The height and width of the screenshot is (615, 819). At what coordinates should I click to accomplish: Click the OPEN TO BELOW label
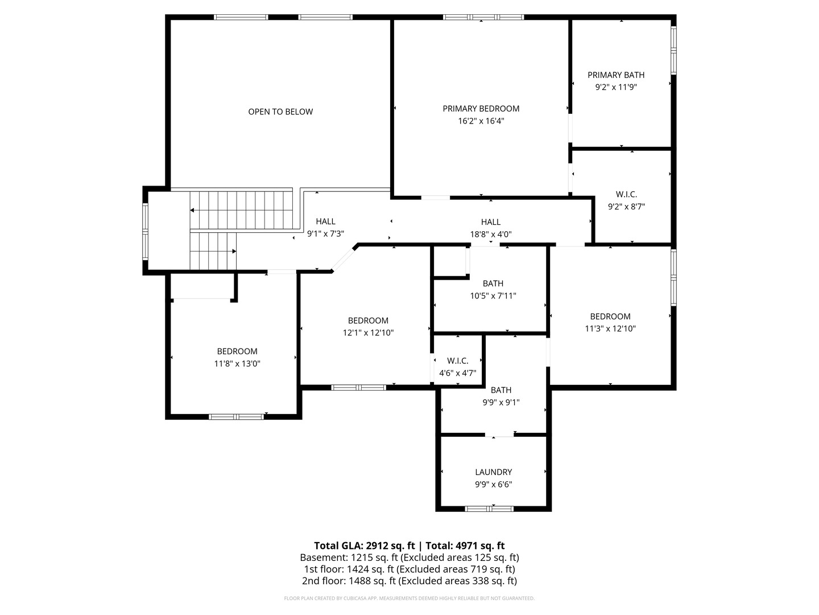[280, 112]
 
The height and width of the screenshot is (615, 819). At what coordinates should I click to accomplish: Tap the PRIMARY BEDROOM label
[481, 108]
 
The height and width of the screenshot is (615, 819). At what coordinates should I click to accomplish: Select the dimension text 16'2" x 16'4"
[481, 121]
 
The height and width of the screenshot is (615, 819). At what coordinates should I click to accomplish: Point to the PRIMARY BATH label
[616, 75]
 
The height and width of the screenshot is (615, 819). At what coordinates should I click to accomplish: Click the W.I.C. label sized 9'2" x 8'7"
[626, 194]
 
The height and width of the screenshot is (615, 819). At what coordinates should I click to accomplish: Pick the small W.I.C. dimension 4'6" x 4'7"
[457, 374]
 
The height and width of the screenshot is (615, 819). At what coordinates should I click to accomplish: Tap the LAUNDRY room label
[494, 472]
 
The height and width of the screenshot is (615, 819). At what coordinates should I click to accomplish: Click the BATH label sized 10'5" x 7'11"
[493, 283]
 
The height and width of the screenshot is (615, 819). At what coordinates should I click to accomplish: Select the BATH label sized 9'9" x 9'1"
[501, 390]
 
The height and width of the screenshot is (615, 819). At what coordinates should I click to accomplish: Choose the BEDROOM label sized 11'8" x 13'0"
[237, 351]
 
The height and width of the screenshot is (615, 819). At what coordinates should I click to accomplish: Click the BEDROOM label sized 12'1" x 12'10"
[368, 321]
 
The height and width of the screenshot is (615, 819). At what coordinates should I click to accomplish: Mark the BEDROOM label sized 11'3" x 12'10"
[610, 317]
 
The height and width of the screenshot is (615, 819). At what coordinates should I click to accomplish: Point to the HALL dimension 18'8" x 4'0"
[491, 234]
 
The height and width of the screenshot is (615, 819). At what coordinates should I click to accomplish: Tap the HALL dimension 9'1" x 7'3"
[325, 233]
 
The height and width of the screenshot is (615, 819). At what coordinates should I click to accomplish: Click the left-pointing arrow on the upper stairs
[192, 210]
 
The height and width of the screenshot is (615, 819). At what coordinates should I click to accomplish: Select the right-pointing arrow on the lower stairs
[234, 251]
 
